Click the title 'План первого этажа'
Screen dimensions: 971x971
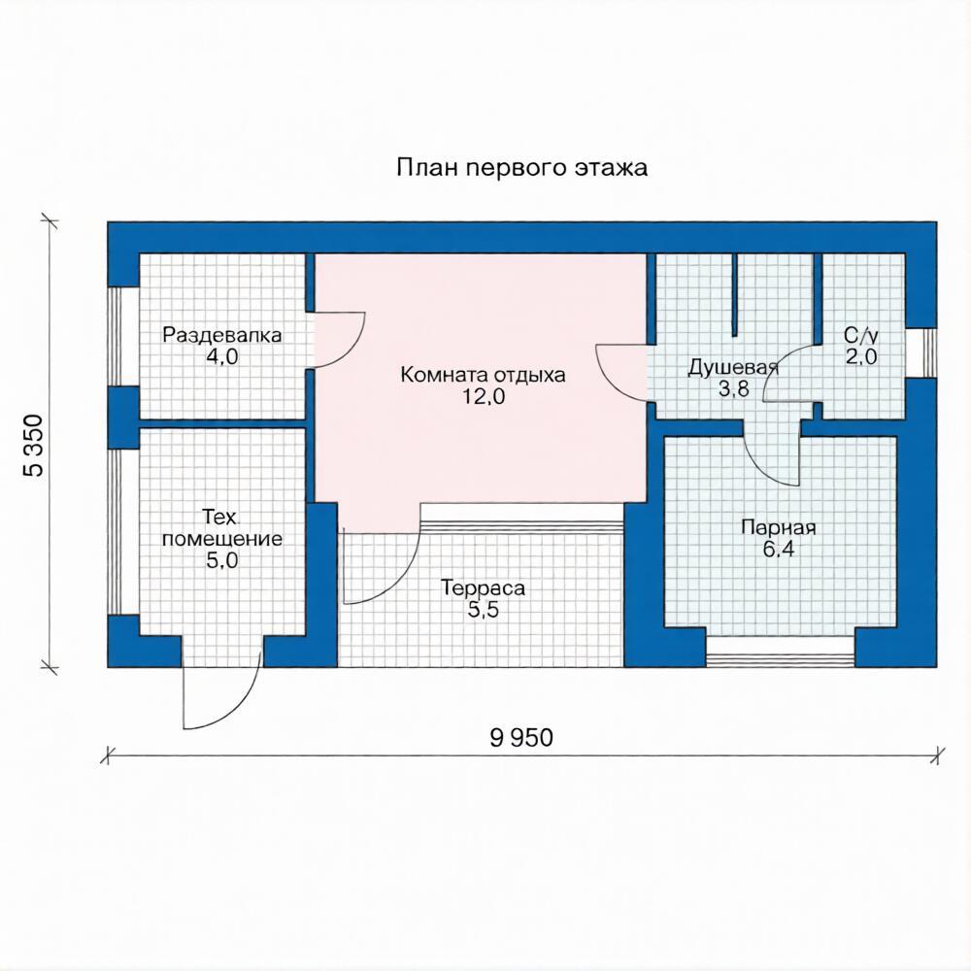522,168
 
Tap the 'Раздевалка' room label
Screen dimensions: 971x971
221,335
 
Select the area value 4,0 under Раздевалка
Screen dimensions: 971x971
222,356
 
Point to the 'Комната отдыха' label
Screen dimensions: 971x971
483,375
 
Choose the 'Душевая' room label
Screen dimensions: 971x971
733,367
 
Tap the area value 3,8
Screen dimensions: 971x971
734,389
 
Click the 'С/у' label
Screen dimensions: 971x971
861,336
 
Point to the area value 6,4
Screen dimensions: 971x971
779,550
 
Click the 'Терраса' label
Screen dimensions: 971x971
483,587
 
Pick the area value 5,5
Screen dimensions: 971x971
483,610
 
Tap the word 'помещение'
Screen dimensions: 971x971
222,539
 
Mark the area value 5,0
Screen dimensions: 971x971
222,560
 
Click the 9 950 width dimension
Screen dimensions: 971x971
521,738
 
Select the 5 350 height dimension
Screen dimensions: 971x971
34,446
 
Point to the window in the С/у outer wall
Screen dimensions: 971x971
921,352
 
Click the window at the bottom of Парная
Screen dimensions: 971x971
781,653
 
